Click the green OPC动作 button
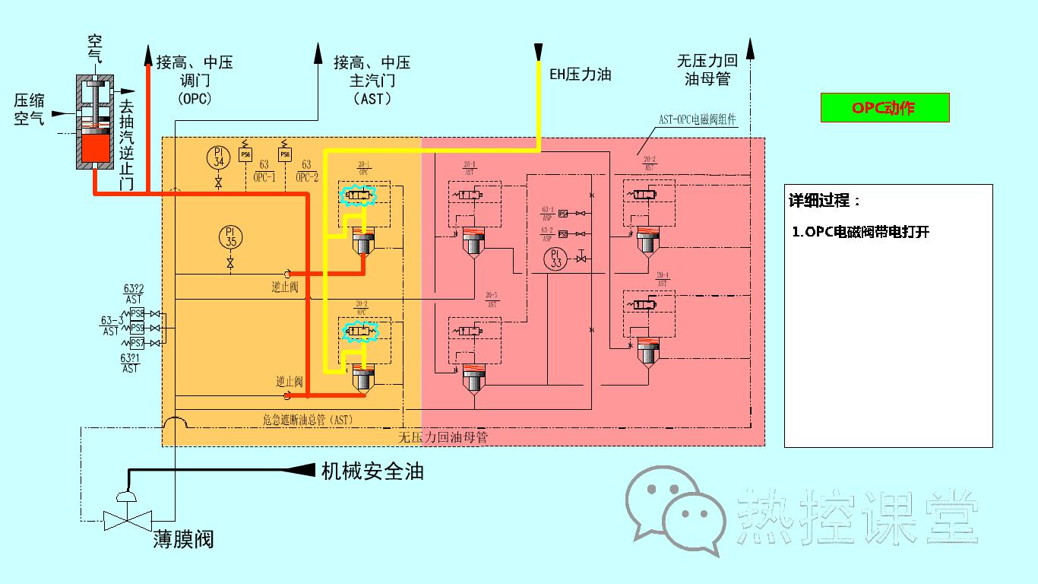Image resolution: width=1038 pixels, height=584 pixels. point(885,108)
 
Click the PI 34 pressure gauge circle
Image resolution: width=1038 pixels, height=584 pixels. point(218,157)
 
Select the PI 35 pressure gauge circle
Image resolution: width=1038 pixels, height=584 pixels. point(230,236)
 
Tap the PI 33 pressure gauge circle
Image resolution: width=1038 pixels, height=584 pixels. point(556,258)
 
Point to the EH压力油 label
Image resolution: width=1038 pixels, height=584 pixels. point(580,75)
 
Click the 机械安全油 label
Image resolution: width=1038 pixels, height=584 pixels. point(372,471)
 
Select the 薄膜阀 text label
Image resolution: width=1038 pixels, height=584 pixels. point(183,539)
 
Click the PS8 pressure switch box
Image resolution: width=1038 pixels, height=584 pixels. point(138,313)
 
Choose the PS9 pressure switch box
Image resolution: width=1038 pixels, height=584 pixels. point(138,328)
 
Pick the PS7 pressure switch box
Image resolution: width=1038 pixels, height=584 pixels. point(138,343)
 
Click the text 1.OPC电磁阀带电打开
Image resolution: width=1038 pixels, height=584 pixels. point(860,233)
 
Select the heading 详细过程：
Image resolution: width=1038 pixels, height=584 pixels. point(825,202)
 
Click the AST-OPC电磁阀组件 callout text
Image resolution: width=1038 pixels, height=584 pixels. point(697,120)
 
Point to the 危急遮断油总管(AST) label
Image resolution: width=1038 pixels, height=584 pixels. point(308,419)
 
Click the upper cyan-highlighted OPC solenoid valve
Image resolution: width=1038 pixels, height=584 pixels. point(359,197)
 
